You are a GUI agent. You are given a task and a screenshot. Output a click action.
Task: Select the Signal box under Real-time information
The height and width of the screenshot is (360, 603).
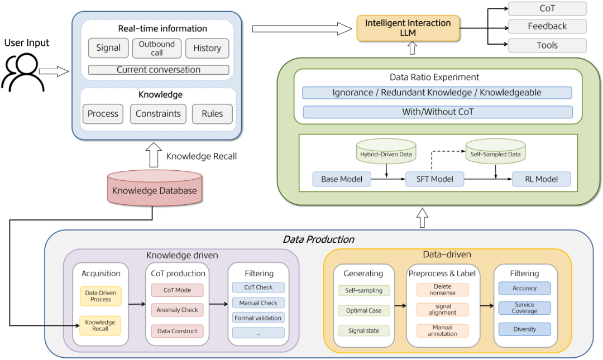pyautogui.click(x=108, y=48)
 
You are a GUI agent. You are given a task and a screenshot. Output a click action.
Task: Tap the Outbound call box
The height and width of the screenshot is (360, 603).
pyautogui.click(x=157, y=48)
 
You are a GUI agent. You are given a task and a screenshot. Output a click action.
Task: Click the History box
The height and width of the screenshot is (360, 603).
pyautogui.click(x=207, y=48)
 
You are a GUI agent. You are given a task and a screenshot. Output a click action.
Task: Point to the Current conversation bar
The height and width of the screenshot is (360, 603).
pyautogui.click(x=159, y=70)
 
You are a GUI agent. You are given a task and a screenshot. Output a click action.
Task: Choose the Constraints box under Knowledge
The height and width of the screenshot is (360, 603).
pyautogui.click(x=159, y=114)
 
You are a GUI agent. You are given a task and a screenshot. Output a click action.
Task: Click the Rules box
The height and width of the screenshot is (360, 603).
pyautogui.click(x=212, y=114)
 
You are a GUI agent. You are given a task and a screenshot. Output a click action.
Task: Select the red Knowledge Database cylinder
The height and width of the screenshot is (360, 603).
pyautogui.click(x=155, y=190)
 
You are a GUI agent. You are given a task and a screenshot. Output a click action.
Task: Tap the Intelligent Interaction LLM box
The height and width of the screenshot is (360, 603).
pyautogui.click(x=408, y=28)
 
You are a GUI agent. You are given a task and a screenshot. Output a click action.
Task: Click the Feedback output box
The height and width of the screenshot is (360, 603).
pyautogui.click(x=547, y=26)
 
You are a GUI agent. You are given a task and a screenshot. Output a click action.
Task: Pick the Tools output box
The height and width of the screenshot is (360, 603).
pyautogui.click(x=547, y=45)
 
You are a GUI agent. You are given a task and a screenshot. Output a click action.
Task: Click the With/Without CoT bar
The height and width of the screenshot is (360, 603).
pyautogui.click(x=438, y=112)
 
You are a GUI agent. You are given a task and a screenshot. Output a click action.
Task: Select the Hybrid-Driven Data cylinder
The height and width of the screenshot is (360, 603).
pyautogui.click(x=386, y=152)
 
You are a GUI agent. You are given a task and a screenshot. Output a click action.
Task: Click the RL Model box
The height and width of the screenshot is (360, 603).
pyautogui.click(x=542, y=179)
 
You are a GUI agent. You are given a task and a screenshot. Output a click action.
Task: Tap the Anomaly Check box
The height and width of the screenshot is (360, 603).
pyautogui.click(x=177, y=310)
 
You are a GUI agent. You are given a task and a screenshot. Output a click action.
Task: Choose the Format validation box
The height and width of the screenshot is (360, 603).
pyautogui.click(x=259, y=317)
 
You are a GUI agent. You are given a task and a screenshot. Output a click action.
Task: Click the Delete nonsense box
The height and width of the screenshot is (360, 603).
pyautogui.click(x=442, y=289)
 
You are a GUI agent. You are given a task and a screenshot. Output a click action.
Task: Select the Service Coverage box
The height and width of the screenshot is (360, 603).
pyautogui.click(x=524, y=308)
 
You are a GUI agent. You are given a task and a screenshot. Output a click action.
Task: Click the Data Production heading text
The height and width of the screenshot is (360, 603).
pyautogui.click(x=318, y=239)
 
